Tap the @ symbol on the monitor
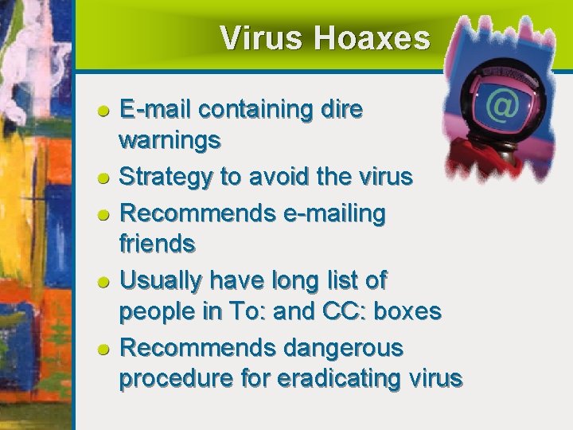pyautogui.click(x=501, y=105)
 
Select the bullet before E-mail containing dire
pyautogui.click(x=103, y=111)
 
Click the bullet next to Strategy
pyautogui.click(x=103, y=178)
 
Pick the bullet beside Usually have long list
pyautogui.click(x=103, y=281)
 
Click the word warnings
pyautogui.click(x=170, y=142)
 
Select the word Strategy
pyautogui.click(x=166, y=177)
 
